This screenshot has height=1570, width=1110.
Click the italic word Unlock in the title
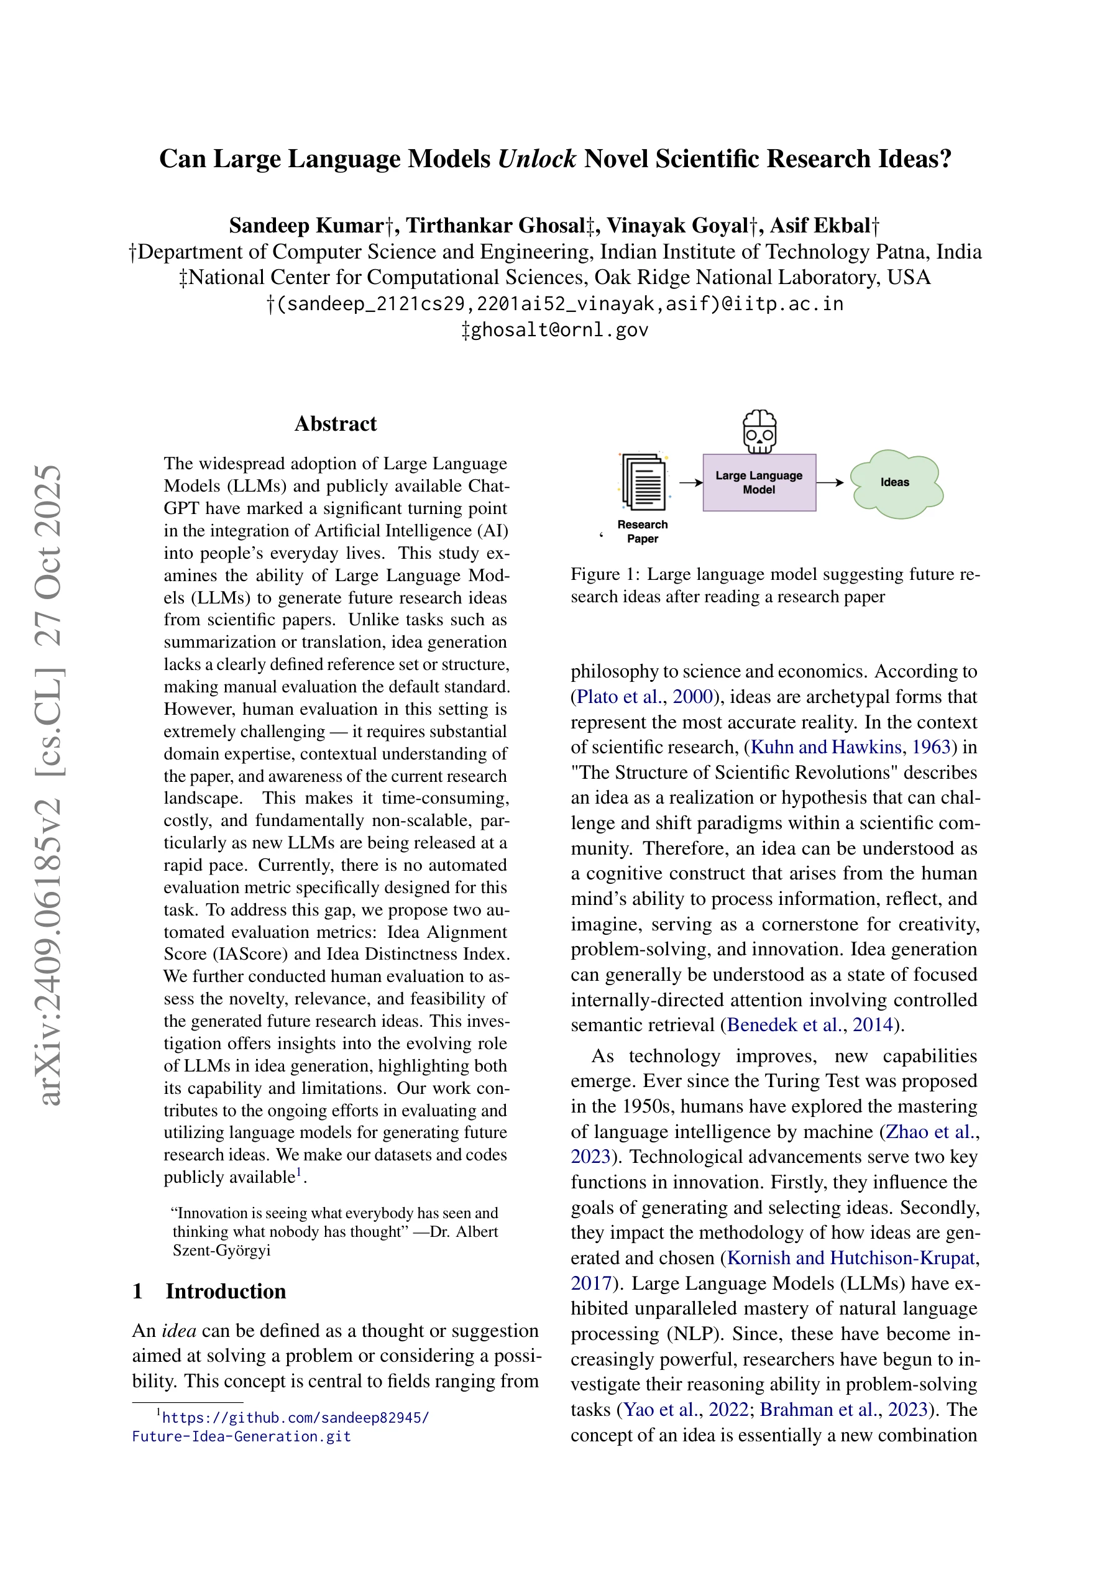(x=537, y=158)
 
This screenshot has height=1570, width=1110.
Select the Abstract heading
(x=335, y=424)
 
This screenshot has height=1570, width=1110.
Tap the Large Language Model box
(x=759, y=482)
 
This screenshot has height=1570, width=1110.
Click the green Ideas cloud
(x=895, y=483)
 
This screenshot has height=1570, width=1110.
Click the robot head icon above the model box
(x=759, y=431)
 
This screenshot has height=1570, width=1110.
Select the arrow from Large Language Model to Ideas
(x=830, y=483)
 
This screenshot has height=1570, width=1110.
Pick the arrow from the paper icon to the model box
(x=690, y=483)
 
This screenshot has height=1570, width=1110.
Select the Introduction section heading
(x=226, y=1291)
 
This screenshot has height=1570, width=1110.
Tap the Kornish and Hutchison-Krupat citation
(x=851, y=1257)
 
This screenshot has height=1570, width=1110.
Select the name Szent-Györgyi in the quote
(x=222, y=1250)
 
